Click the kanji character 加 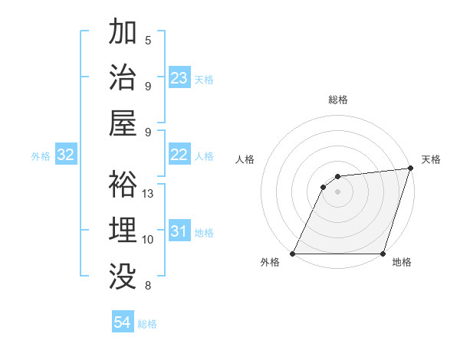pyautogui.click(x=123, y=33)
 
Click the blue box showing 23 pyautogui.click(x=179, y=77)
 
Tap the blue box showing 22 pyautogui.click(x=179, y=155)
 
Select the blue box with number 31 pyautogui.click(x=179, y=231)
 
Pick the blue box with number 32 pyautogui.click(x=66, y=155)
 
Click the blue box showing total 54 pyautogui.click(x=123, y=322)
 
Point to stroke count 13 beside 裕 pyautogui.click(x=149, y=194)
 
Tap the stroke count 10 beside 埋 pyautogui.click(x=148, y=240)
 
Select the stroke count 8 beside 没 pyautogui.click(x=148, y=286)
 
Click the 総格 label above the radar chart pyautogui.click(x=338, y=100)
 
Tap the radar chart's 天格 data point pyautogui.click(x=410, y=169)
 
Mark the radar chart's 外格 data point pyautogui.click(x=293, y=254)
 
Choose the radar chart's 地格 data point pyautogui.click(x=383, y=254)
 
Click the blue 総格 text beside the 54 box pyautogui.click(x=148, y=324)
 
